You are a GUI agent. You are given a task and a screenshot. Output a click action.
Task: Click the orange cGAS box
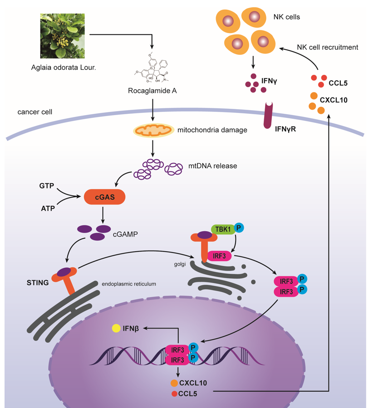[x=104, y=197]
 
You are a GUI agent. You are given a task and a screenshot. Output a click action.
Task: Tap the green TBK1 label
[x=222, y=229]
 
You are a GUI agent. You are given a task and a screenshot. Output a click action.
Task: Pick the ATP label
[x=48, y=208]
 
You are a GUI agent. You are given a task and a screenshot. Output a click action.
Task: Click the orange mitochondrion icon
[x=153, y=130]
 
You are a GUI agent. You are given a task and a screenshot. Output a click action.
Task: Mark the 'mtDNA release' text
[x=213, y=166]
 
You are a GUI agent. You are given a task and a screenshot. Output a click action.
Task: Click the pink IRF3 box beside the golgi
[x=220, y=257]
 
